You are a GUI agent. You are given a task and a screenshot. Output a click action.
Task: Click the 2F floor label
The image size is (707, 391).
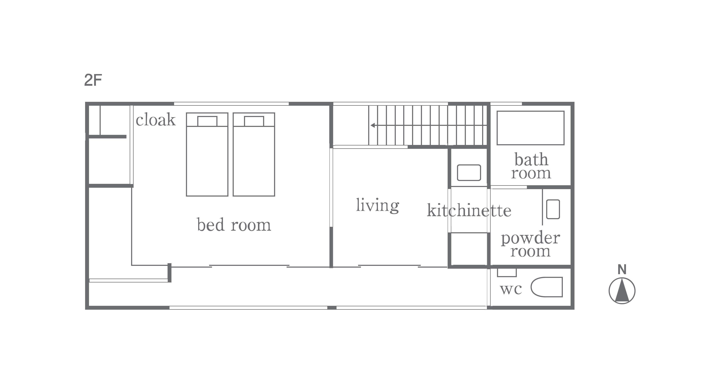tap(93, 80)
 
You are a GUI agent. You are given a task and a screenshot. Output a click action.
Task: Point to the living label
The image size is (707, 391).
tap(378, 205)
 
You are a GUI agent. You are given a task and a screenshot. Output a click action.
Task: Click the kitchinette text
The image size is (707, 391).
tap(469, 210)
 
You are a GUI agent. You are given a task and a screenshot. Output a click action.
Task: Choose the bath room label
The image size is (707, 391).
tap(531, 166)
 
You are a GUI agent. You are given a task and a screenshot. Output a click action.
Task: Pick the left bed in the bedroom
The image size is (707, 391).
tap(207, 154)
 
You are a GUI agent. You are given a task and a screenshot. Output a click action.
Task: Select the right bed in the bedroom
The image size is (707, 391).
tap(254, 154)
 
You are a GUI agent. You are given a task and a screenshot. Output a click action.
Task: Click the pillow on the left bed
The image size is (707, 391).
tap(207, 121)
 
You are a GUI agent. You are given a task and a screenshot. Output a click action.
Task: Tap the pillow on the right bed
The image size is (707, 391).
tap(254, 121)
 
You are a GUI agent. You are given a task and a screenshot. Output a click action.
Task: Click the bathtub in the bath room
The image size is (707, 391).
tap(531, 128)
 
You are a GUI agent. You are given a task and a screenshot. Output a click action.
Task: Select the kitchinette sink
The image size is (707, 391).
tap(469, 173)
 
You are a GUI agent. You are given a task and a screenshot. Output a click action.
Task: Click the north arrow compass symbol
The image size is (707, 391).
tap(622, 291)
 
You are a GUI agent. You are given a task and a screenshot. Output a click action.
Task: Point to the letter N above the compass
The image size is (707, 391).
tap(622, 270)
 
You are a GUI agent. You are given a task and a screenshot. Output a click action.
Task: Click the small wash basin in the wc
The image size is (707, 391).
tap(507, 273)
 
